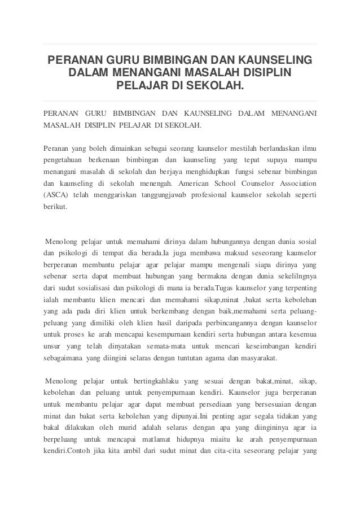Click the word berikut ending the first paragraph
pyautogui.click(x=55, y=207)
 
